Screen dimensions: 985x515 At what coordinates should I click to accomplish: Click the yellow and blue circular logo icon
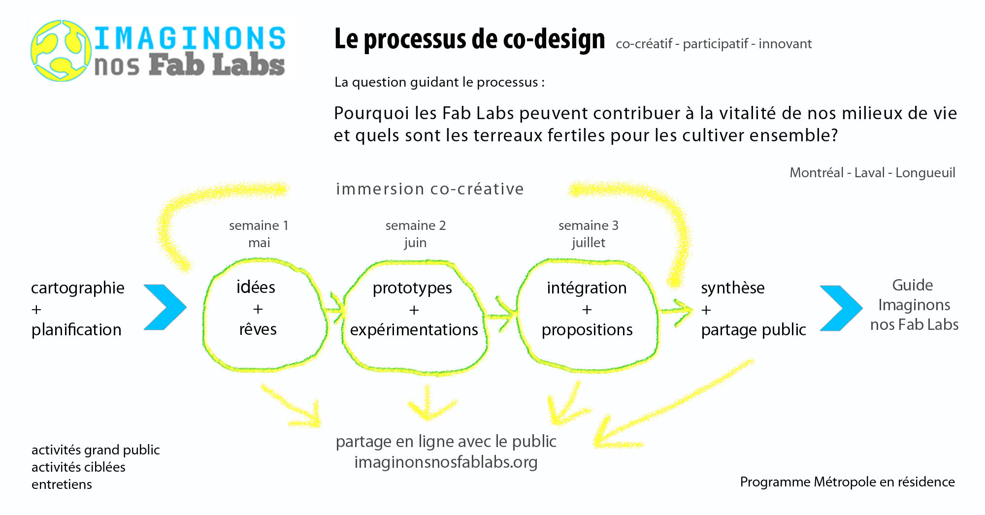(61, 50)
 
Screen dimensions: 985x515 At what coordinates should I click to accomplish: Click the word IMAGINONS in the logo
(190, 38)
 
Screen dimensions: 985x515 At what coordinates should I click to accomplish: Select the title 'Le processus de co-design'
(469, 39)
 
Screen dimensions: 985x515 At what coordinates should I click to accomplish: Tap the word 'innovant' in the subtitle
(785, 44)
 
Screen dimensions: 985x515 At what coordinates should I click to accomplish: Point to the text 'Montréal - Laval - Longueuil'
(872, 172)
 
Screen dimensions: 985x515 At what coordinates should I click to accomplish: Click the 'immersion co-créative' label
(430, 189)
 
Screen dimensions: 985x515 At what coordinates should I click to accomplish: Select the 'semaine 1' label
(259, 225)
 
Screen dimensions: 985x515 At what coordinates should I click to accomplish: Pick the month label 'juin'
(415, 243)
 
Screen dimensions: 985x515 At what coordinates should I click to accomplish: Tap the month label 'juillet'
(589, 243)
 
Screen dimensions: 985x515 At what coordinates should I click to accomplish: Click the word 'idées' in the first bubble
(256, 287)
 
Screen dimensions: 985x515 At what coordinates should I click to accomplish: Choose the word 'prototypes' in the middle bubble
(412, 288)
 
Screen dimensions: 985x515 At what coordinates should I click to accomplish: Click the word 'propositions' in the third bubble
(587, 330)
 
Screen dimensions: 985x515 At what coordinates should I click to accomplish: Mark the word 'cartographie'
(78, 288)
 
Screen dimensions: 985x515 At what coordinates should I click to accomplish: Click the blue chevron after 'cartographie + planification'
(165, 307)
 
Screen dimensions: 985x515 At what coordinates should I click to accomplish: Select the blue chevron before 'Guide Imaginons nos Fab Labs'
(841, 308)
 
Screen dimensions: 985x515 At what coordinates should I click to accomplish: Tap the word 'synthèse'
(733, 288)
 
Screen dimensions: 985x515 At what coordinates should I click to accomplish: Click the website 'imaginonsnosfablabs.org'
(446, 462)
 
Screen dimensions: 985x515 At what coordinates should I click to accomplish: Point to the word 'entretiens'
(62, 484)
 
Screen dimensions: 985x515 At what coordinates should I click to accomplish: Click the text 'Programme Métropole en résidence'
(847, 482)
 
